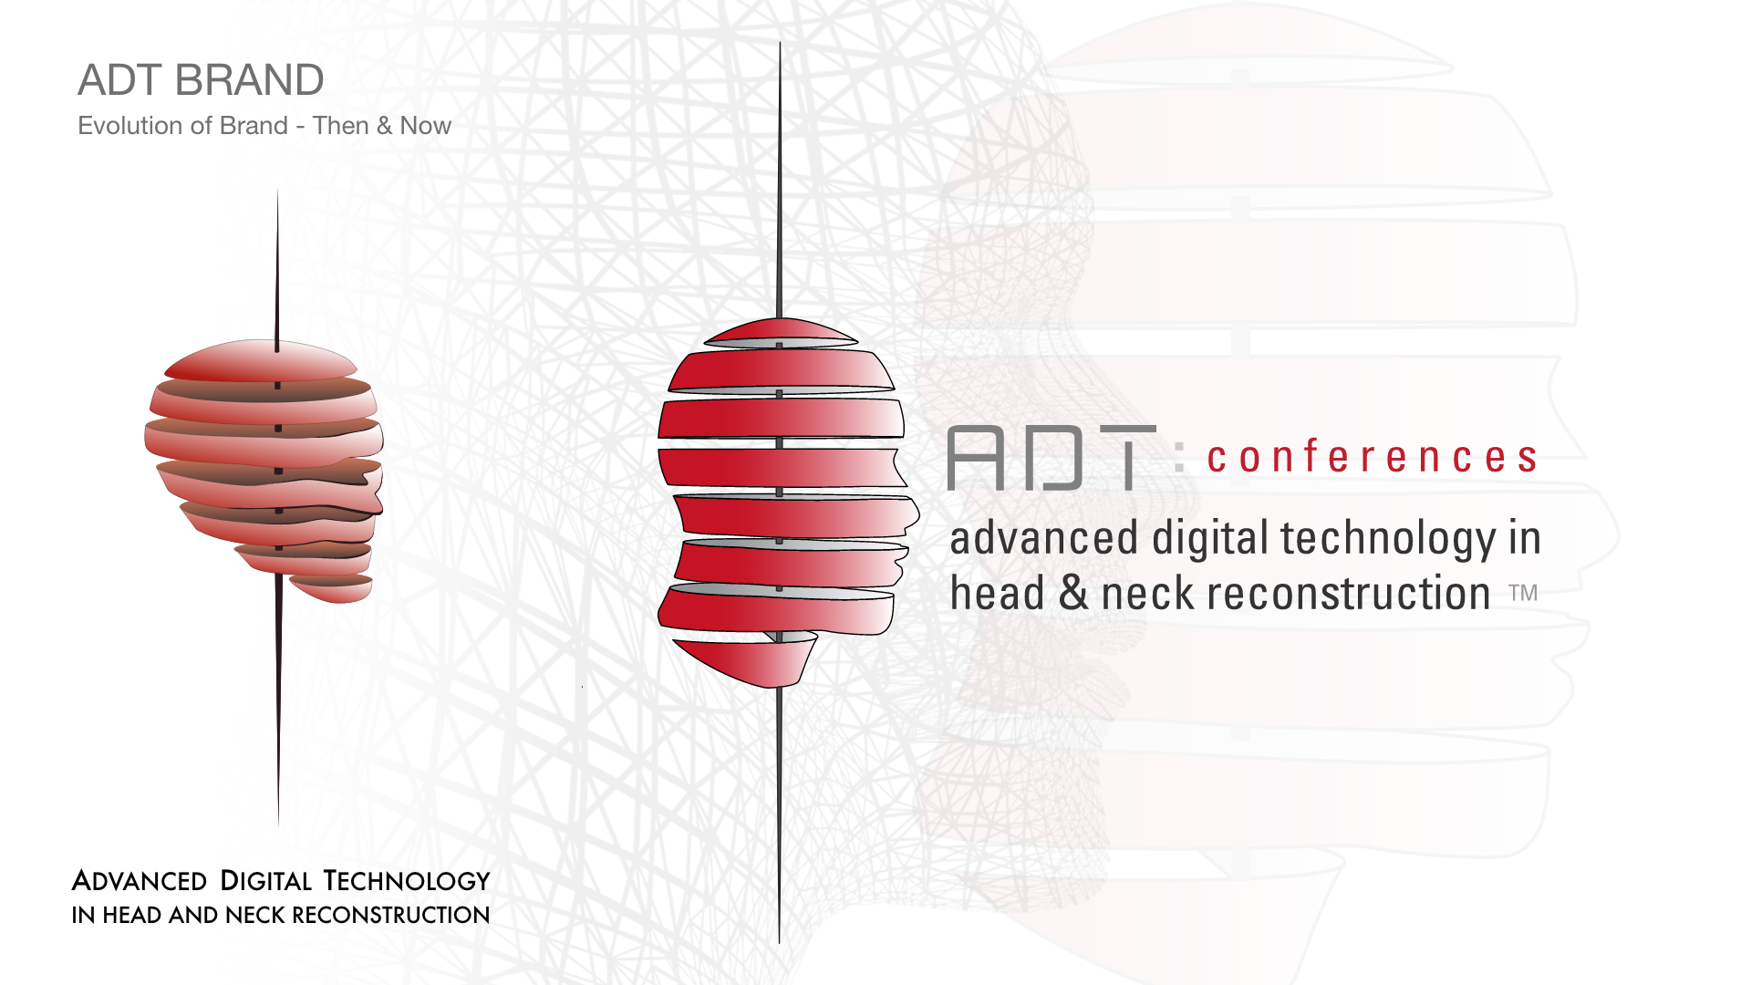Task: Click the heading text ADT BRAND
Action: (201, 80)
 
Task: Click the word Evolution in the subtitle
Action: (136, 125)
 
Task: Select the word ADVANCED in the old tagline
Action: (140, 881)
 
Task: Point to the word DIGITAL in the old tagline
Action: (266, 881)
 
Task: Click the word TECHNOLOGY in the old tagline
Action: (408, 881)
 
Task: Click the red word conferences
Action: (1373, 456)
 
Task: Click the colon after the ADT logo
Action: (1180, 456)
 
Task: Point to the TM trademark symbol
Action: (1523, 593)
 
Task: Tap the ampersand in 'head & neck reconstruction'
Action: (1074, 593)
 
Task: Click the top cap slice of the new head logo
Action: (780, 333)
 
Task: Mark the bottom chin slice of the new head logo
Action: (743, 661)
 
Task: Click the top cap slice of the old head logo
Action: (261, 361)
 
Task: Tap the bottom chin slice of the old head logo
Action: (331, 588)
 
